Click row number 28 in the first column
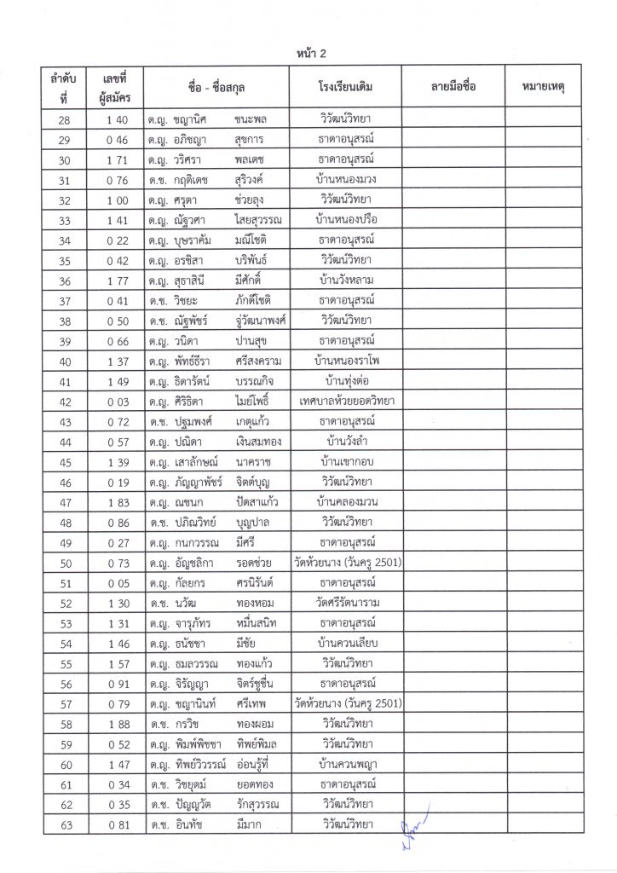65,119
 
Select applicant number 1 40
118,119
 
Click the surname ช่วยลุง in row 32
251,199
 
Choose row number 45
65,462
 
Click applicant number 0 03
118,402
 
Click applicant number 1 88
118,724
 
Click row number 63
65,824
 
